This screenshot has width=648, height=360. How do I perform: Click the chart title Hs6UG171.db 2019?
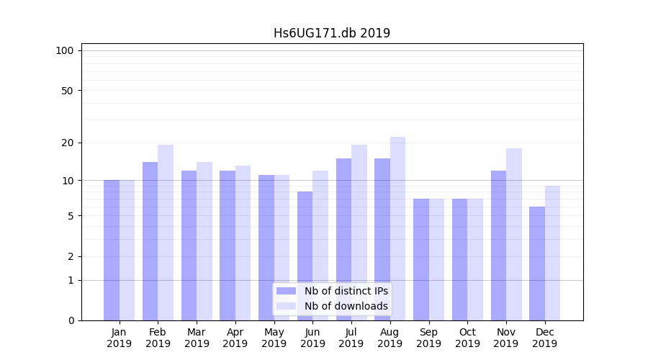331,33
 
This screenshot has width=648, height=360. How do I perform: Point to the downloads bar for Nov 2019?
514,234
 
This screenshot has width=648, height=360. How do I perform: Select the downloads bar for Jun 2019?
320,246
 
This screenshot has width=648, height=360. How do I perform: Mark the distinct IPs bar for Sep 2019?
421,259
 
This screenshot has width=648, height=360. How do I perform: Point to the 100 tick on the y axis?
65,50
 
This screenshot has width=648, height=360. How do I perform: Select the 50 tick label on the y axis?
68,91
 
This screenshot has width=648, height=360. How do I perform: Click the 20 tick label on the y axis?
68,143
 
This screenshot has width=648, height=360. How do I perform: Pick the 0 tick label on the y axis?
71,320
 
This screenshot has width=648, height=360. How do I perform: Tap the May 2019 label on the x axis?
274,338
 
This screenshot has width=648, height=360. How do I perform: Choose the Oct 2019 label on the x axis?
467,338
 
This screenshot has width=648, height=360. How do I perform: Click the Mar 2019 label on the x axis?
197,338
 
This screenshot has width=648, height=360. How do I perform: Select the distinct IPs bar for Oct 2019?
460,259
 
